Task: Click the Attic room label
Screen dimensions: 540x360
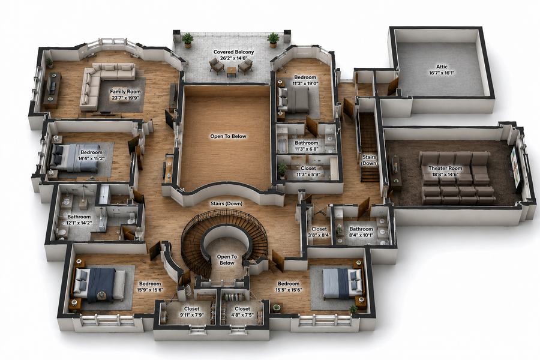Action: (442, 67)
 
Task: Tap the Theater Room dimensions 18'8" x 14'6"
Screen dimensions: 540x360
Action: (445, 175)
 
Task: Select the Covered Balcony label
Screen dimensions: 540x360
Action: (233, 52)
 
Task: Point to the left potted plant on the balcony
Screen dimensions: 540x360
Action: (187, 40)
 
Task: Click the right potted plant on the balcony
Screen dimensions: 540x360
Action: (273, 40)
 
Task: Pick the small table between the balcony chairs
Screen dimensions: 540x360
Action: (232, 72)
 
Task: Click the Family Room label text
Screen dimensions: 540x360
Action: (125, 92)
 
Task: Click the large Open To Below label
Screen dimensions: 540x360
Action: (229, 136)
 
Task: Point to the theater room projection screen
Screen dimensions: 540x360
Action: (517, 169)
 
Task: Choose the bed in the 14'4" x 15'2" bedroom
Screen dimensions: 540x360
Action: (74, 158)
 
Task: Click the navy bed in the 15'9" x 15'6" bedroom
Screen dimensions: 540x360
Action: (99, 285)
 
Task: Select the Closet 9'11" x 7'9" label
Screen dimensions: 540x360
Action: (191, 312)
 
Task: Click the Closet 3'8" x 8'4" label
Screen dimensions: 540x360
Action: (319, 232)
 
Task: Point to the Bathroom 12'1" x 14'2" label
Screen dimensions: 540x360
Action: (79, 220)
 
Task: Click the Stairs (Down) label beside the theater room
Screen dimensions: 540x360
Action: (369, 160)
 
